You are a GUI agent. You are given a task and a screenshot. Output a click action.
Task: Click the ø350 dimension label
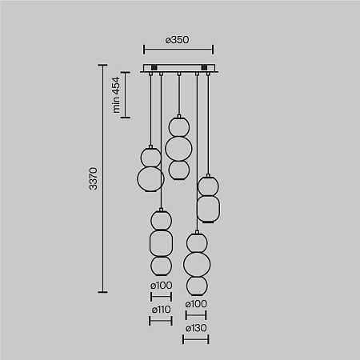pos(178,39)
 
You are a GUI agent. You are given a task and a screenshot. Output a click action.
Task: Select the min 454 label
pos(116,94)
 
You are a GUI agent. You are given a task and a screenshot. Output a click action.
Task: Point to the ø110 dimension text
pos(161,309)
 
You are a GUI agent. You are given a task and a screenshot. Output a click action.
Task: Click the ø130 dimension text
pos(196,328)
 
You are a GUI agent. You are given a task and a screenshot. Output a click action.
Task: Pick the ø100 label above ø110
pos(161,286)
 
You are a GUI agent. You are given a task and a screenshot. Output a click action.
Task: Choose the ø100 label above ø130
pos(196,304)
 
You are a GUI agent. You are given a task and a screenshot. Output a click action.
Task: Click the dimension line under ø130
pos(196,339)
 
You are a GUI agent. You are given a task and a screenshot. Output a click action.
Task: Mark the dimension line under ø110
pos(161,321)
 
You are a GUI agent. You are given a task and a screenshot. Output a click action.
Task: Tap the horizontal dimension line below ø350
pos(178,50)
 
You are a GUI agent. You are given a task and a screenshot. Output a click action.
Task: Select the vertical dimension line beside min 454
pos(126,94)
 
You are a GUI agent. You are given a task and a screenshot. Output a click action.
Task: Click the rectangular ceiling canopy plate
pos(178,69)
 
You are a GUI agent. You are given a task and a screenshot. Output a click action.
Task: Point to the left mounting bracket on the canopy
pos(150,66)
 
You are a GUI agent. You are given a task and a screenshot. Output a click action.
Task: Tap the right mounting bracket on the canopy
pos(206,66)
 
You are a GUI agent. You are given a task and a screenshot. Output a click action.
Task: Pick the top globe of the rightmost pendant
pos(208,186)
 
